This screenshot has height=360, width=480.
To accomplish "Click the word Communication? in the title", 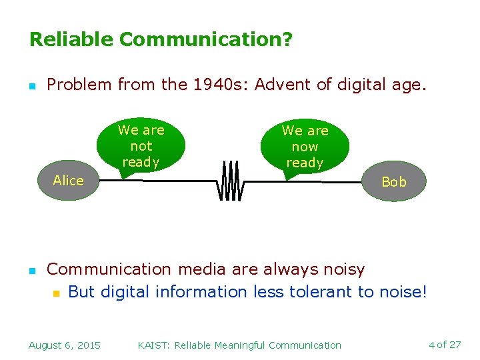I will pos(205,40).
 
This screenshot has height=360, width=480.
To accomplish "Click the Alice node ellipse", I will pos(68,181).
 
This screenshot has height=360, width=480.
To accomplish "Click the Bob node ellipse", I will pos(394,182).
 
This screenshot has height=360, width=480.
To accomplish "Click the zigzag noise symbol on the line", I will pos(230,181).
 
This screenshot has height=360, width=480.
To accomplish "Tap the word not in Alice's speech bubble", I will pos(141,146).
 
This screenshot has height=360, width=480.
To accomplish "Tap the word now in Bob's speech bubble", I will pos(305,147).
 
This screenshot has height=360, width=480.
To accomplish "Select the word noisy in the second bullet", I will pos(343,269).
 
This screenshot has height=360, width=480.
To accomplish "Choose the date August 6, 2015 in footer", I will pos(65,345).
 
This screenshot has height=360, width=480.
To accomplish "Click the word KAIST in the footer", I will pos(153,345).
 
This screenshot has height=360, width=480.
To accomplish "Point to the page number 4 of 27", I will pos(445,345).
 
